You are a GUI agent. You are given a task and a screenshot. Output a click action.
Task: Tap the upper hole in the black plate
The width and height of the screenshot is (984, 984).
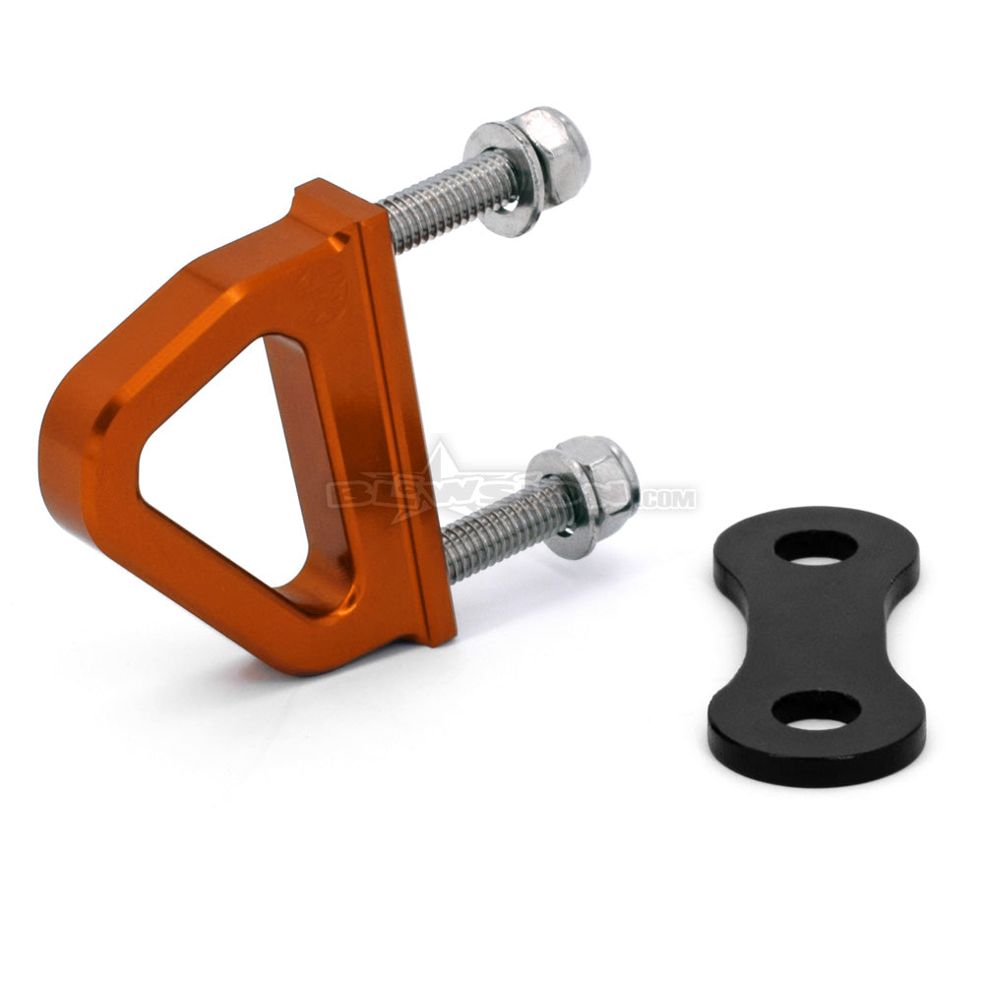point(815,546)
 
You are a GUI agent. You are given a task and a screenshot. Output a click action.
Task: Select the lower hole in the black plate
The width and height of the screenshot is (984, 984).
point(816,708)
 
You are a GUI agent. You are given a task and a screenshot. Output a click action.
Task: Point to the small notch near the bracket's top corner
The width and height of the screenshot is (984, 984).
point(340,239)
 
